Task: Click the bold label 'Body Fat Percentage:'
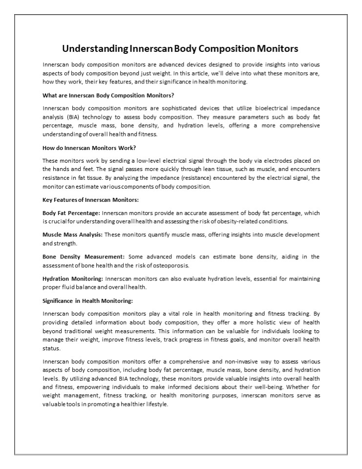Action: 71,213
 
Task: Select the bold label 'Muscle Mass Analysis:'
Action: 72,235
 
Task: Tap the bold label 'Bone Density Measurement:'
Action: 84,256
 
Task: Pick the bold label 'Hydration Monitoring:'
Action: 73,278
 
